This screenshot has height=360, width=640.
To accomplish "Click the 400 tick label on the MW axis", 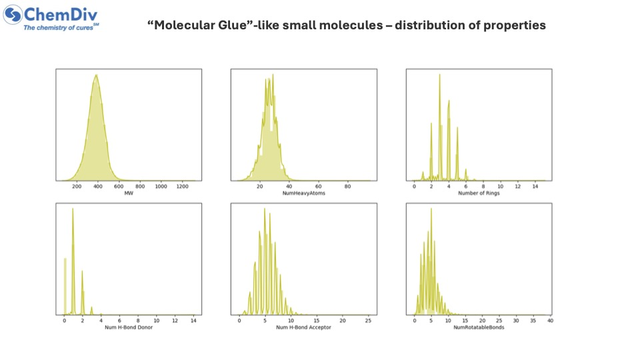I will [x=97, y=187].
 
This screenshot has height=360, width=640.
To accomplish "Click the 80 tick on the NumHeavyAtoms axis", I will [x=347, y=187].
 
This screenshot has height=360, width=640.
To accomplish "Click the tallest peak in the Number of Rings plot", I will [x=439, y=75].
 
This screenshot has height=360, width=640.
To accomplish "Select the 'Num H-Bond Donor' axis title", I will [x=127, y=327].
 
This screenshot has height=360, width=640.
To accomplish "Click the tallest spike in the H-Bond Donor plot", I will [x=73, y=209].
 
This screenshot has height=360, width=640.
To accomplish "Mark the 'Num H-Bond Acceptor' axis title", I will [x=303, y=327].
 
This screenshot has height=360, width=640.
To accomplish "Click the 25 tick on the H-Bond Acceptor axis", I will [x=367, y=321].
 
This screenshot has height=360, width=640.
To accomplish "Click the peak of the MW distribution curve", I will [x=97, y=75].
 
